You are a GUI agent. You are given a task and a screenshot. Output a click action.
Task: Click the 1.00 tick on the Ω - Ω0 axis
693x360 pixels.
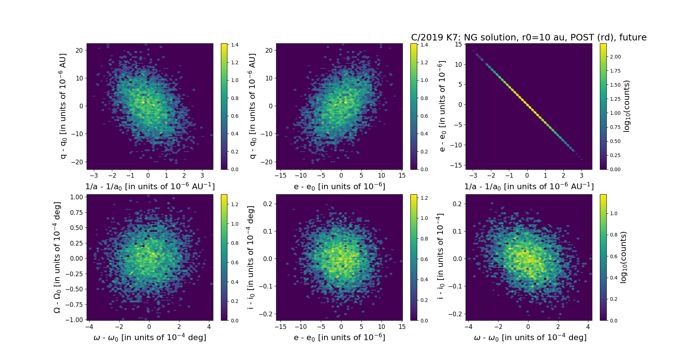(77, 197)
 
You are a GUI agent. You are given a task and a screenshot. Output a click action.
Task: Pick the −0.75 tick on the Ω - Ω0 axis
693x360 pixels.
(74, 304)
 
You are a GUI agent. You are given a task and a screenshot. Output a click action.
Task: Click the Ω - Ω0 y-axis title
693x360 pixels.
(57, 257)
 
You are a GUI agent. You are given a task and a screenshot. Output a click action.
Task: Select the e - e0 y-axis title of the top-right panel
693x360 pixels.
(442, 106)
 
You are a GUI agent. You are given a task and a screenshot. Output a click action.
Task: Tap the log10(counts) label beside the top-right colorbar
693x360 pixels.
(627, 106)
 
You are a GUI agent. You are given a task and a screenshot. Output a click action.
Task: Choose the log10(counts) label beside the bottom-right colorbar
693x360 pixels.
(623, 257)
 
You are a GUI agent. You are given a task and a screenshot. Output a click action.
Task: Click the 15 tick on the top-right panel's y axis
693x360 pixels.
(458, 44)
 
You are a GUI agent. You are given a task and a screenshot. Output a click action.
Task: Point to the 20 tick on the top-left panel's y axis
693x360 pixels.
(79, 51)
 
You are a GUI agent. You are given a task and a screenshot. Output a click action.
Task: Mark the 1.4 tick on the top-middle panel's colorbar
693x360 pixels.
(424, 45)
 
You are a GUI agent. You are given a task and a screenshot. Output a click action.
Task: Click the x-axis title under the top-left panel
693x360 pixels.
(150, 186)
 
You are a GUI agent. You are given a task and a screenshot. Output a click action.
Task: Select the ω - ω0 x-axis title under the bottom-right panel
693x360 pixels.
(530, 337)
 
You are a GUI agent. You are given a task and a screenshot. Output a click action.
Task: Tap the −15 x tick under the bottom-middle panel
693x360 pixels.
(280, 327)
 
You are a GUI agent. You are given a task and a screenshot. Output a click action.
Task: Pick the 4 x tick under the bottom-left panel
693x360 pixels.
(209, 327)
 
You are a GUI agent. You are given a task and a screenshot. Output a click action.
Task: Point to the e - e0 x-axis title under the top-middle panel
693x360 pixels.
(339, 186)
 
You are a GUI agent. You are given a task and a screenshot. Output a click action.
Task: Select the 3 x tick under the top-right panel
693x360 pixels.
(581, 175)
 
